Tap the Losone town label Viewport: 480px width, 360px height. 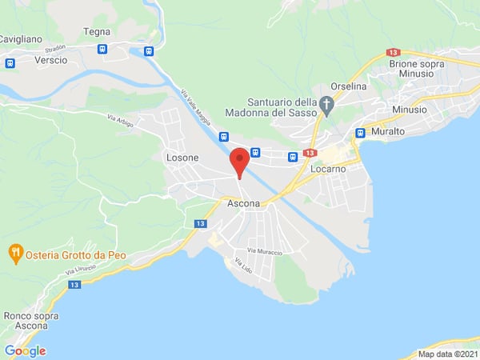pos(182,158)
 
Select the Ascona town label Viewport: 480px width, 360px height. pos(244,204)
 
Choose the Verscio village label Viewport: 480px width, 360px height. pos(51,61)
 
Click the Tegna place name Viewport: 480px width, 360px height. pos(96,32)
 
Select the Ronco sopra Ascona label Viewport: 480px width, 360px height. pos(27,320)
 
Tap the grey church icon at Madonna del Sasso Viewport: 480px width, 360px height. pos(326,104)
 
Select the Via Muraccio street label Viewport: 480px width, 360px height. pos(265,251)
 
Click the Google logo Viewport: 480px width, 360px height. pos(25,350)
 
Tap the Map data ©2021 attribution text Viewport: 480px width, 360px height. pos(448,354)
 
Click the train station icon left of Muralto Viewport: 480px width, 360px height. pos(360,133)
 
